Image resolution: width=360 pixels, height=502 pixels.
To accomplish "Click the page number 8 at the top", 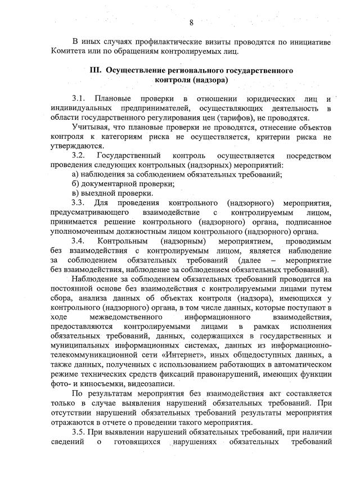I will [191, 22].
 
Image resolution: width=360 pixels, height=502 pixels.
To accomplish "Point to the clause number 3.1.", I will [78, 99].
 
